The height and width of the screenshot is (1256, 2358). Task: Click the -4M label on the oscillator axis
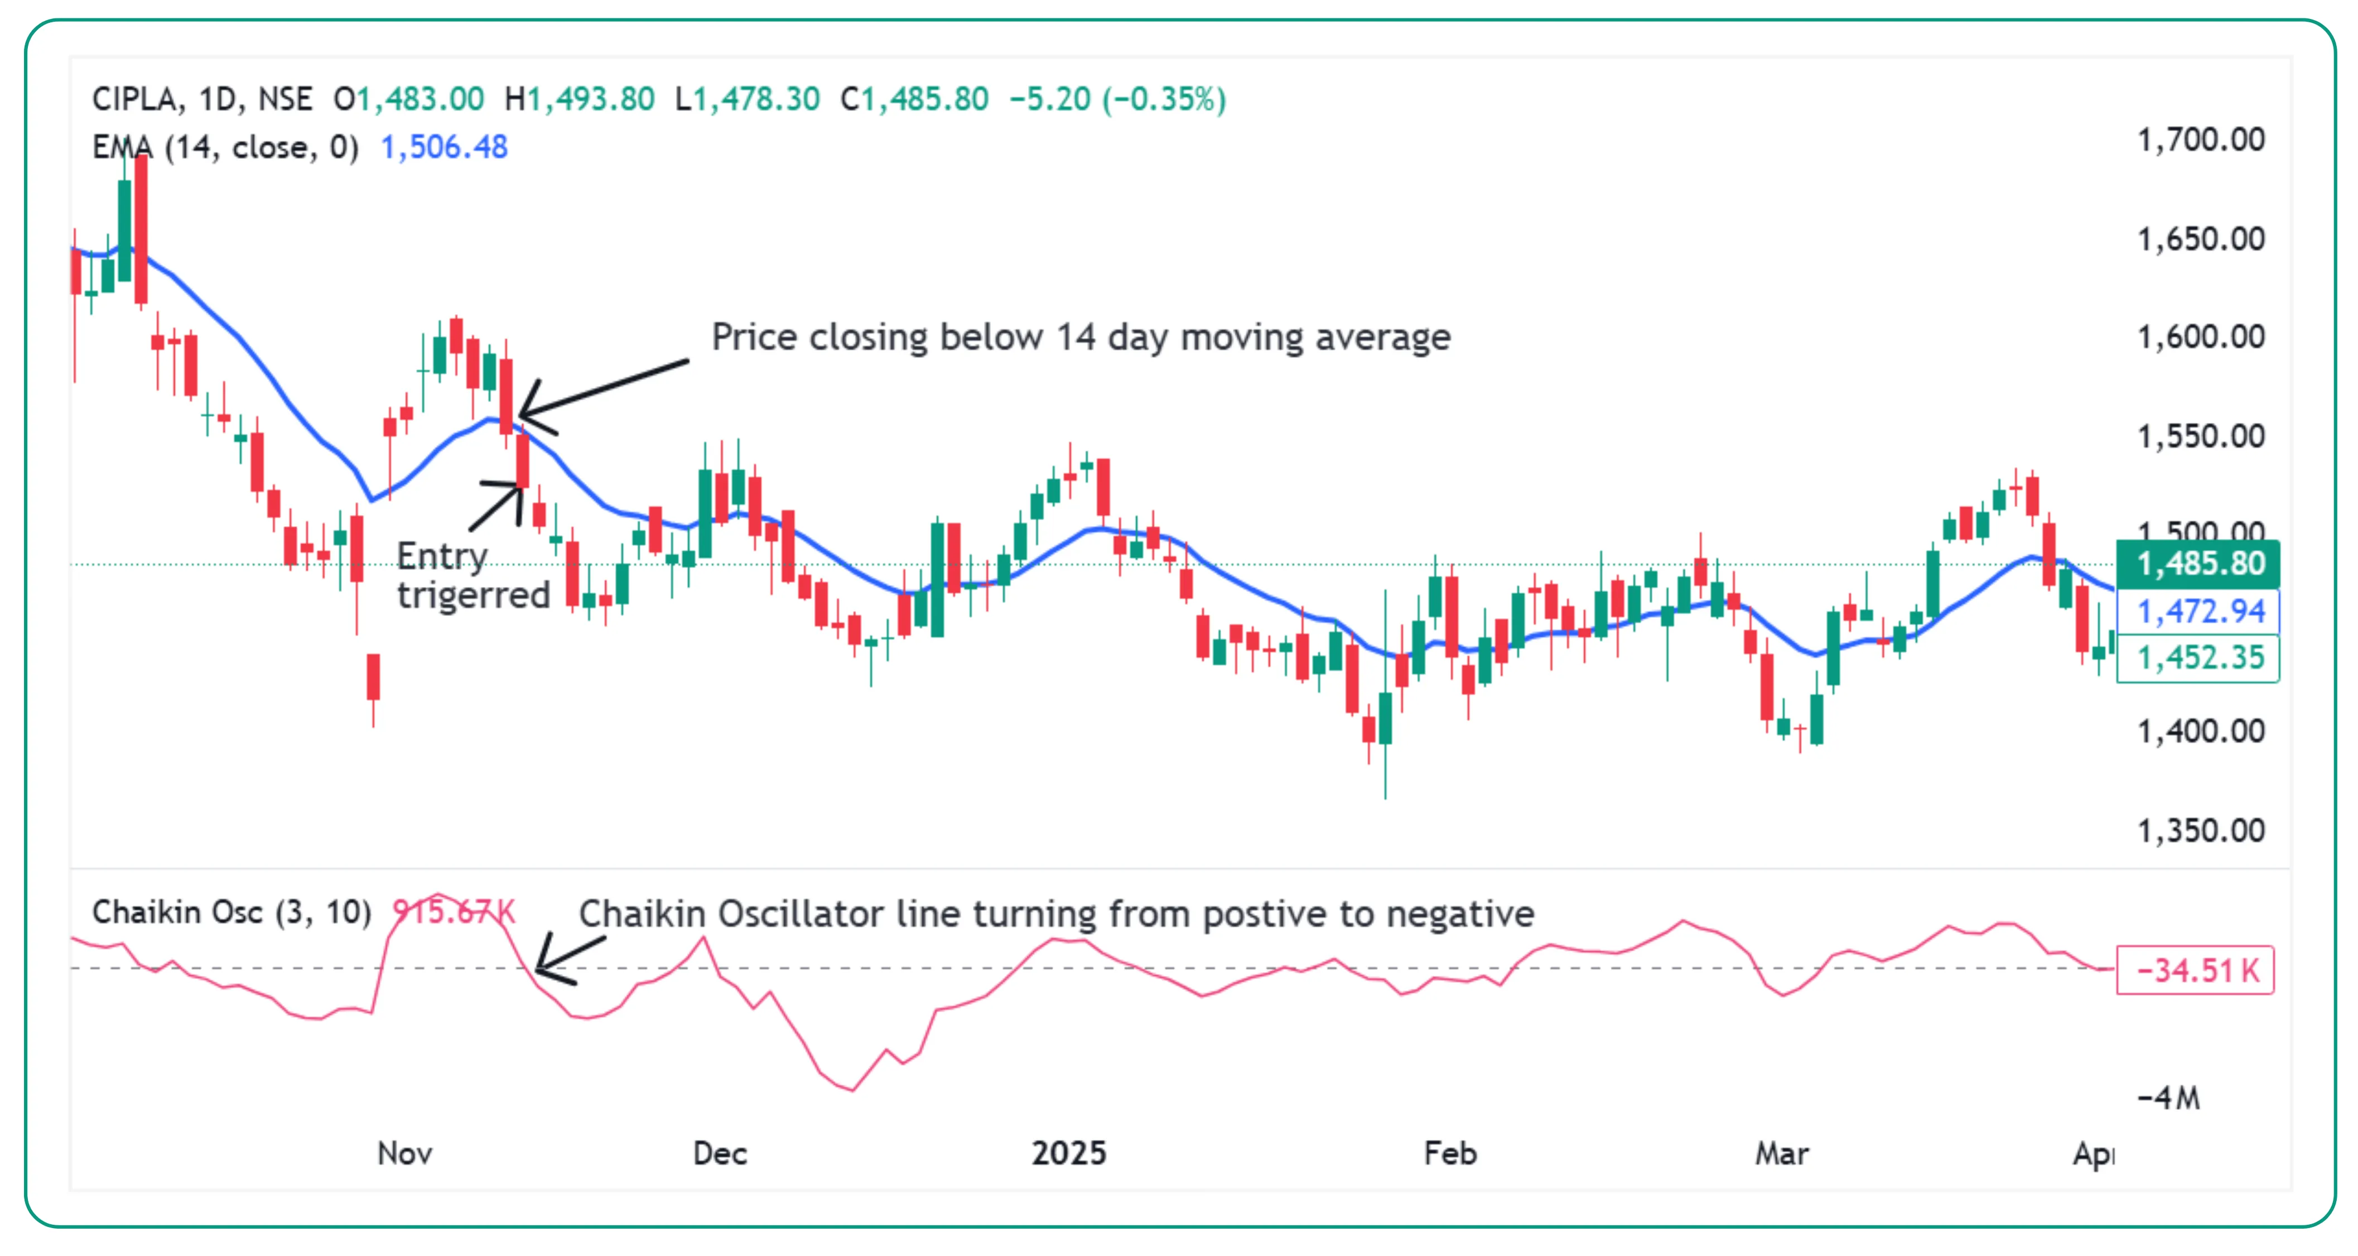(2168, 1097)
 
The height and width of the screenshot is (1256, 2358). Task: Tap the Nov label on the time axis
(404, 1153)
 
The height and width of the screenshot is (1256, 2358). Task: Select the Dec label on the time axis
(720, 1153)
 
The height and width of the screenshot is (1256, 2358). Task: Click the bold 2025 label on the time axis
(1068, 1153)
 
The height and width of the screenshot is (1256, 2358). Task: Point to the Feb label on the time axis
(1450, 1153)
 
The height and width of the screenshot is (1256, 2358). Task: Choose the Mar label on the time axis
(1781, 1153)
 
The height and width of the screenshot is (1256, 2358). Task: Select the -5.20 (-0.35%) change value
(1117, 99)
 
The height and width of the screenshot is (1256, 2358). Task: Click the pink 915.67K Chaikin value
(453, 912)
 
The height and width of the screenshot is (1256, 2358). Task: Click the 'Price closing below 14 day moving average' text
(1080, 337)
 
